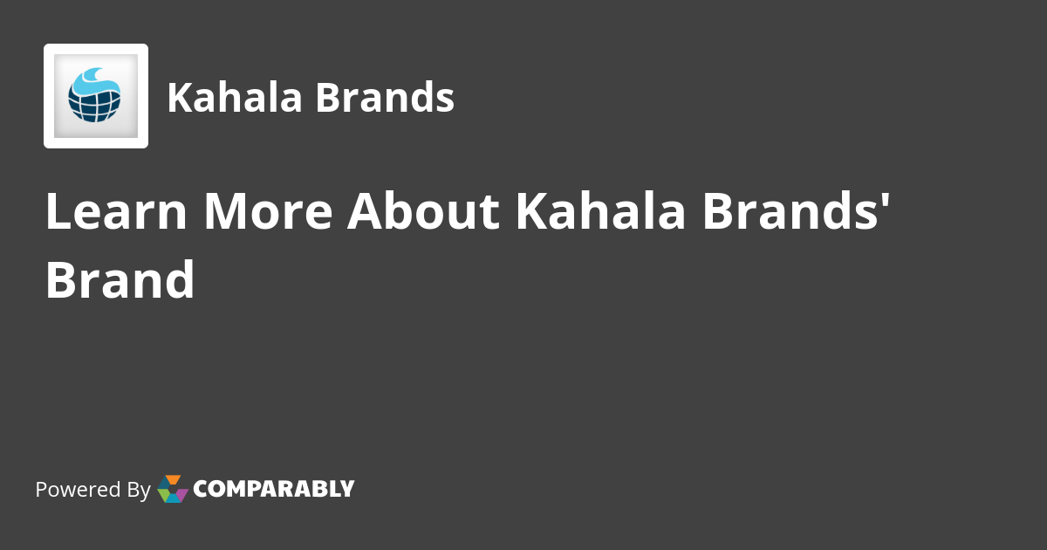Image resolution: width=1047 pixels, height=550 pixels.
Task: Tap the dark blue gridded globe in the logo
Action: pos(94,105)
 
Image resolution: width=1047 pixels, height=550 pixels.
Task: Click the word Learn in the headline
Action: pos(116,212)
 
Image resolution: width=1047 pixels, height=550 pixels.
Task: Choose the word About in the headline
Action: pos(422,212)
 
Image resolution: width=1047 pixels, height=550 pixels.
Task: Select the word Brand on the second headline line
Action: pos(120,280)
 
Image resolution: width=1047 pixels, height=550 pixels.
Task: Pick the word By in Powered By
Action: pos(138,490)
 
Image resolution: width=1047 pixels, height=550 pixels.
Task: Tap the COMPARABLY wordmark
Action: pos(273,489)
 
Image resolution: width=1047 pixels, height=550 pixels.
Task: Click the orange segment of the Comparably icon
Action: pos(173,480)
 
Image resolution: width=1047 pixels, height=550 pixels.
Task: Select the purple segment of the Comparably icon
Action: pos(182,493)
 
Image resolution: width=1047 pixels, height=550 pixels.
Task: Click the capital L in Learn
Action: pos(57,212)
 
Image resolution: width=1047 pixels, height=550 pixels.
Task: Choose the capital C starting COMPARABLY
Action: pos(201,489)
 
